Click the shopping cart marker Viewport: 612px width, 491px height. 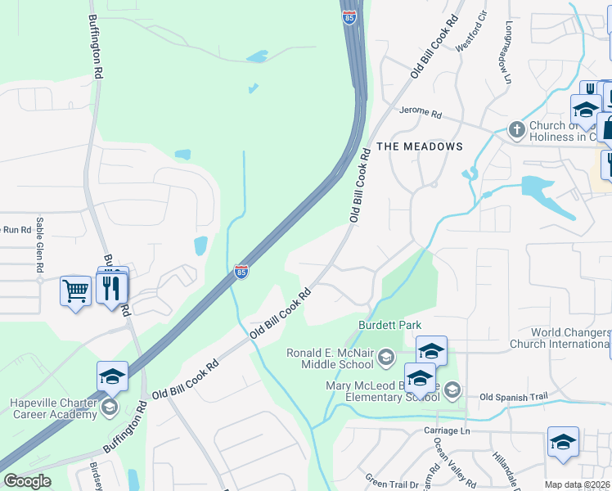pyautogui.click(x=75, y=291)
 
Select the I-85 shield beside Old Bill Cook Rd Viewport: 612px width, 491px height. pyautogui.click(x=241, y=271)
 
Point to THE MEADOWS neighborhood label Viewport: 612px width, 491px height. pyautogui.click(x=419, y=146)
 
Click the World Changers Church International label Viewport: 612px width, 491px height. pyautogui.click(x=560, y=338)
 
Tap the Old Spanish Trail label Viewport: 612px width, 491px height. pyautogui.click(x=512, y=398)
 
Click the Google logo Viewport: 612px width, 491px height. pyautogui.click(x=26, y=481)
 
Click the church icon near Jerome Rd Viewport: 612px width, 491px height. pyautogui.click(x=516, y=129)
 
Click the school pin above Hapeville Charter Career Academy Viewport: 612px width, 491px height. pyautogui.click(x=112, y=376)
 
